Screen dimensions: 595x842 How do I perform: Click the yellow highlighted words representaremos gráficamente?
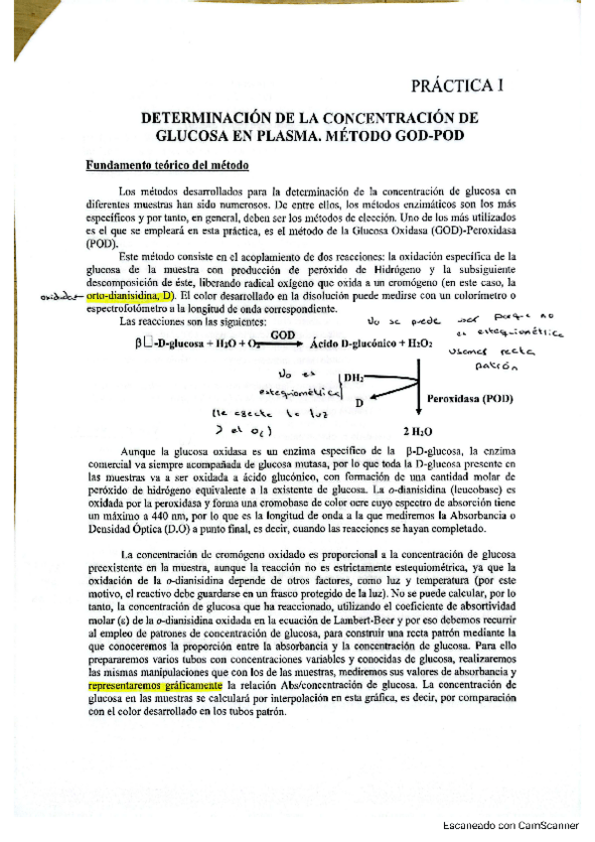155,713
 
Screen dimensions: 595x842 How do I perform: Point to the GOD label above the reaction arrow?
282,337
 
